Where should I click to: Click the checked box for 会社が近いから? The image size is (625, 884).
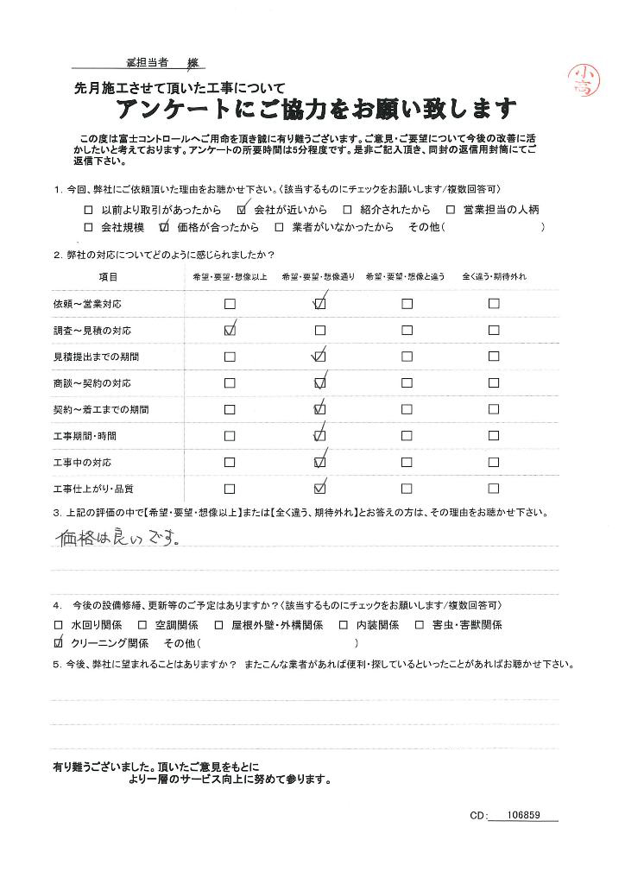pyautogui.click(x=241, y=209)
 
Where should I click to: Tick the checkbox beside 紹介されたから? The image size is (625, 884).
pyautogui.click(x=346, y=209)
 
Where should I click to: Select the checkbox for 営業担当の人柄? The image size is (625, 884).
pyautogui.click(x=450, y=209)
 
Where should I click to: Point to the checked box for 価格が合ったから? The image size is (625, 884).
pyautogui.click(x=163, y=228)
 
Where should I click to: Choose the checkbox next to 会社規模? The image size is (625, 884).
pyautogui.click(x=88, y=228)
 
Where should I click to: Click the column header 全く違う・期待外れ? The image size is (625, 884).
pyautogui.click(x=494, y=276)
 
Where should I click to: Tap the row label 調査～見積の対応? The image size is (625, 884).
pyautogui.click(x=92, y=331)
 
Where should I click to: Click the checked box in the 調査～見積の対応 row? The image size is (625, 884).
pyautogui.click(x=230, y=330)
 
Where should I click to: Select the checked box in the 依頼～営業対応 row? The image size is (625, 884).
pyautogui.click(x=320, y=304)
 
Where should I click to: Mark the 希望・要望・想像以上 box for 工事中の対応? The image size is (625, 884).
pyautogui.click(x=230, y=463)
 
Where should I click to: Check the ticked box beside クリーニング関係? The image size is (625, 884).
pyautogui.click(x=59, y=643)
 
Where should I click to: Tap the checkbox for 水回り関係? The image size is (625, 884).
pyautogui.click(x=59, y=624)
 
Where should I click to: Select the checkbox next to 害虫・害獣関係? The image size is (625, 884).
pyautogui.click(x=420, y=624)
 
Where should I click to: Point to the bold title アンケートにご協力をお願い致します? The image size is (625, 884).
pyautogui.click(x=316, y=110)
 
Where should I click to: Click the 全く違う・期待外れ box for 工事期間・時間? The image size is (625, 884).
pyautogui.click(x=494, y=436)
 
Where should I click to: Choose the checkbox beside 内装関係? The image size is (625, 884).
pyautogui.click(x=344, y=624)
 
